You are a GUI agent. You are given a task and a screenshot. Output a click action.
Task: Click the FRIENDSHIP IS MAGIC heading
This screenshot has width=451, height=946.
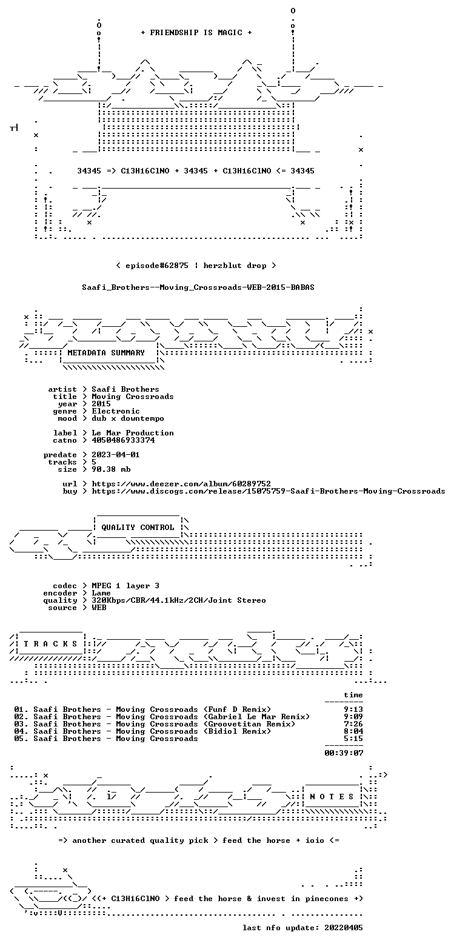click(196, 33)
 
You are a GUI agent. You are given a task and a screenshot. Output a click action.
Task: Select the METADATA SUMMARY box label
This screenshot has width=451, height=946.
click(106, 353)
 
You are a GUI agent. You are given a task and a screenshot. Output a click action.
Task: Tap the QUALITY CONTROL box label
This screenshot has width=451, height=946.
click(138, 528)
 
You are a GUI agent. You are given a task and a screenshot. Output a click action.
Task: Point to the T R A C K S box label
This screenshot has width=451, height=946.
click(51, 644)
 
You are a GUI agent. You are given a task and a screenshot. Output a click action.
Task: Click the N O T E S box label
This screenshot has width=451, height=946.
click(332, 797)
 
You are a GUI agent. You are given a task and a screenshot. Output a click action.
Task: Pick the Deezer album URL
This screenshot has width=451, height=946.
click(181, 484)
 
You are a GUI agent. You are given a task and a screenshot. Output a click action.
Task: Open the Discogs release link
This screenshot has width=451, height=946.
click(269, 491)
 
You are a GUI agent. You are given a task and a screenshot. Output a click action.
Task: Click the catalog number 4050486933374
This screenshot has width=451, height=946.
click(123, 440)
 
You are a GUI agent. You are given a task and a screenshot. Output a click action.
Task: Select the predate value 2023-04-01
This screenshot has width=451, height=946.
click(116, 455)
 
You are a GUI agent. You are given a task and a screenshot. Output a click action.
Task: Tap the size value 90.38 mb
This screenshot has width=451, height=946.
click(111, 469)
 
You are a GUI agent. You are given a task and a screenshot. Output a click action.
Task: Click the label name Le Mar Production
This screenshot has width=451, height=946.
click(133, 433)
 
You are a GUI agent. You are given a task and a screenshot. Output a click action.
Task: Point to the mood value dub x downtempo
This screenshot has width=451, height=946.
click(128, 418)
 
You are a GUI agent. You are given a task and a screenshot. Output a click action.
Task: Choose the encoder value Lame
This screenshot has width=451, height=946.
click(101, 593)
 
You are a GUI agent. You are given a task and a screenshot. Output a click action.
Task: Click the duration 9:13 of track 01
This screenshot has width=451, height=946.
click(353, 709)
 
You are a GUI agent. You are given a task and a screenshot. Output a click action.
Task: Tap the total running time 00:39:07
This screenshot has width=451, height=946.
click(344, 753)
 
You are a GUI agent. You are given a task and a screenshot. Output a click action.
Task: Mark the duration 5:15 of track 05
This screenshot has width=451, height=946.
click(353, 739)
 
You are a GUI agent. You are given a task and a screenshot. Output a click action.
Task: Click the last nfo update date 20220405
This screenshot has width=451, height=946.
click(344, 928)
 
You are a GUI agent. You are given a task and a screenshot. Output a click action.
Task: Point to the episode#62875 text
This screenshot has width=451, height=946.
click(157, 266)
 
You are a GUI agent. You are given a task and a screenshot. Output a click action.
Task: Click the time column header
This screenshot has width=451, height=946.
click(353, 695)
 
